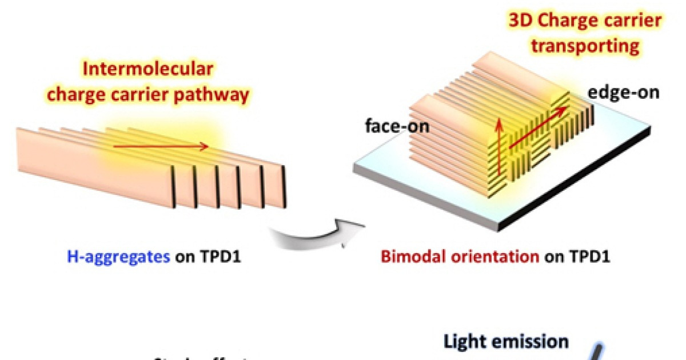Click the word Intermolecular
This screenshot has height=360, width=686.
[x=148, y=70]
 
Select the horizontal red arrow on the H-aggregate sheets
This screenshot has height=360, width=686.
[x=161, y=147]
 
